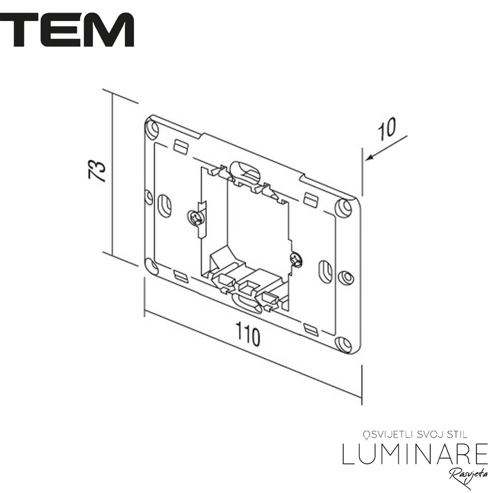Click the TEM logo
(x=67, y=30)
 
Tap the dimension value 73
(x=97, y=171)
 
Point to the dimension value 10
(x=387, y=129)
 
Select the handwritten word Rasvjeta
(x=468, y=477)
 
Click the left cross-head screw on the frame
(x=195, y=217)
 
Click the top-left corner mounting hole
(x=152, y=129)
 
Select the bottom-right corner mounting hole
(x=344, y=344)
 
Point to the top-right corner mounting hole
(x=344, y=207)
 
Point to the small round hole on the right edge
(x=346, y=277)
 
